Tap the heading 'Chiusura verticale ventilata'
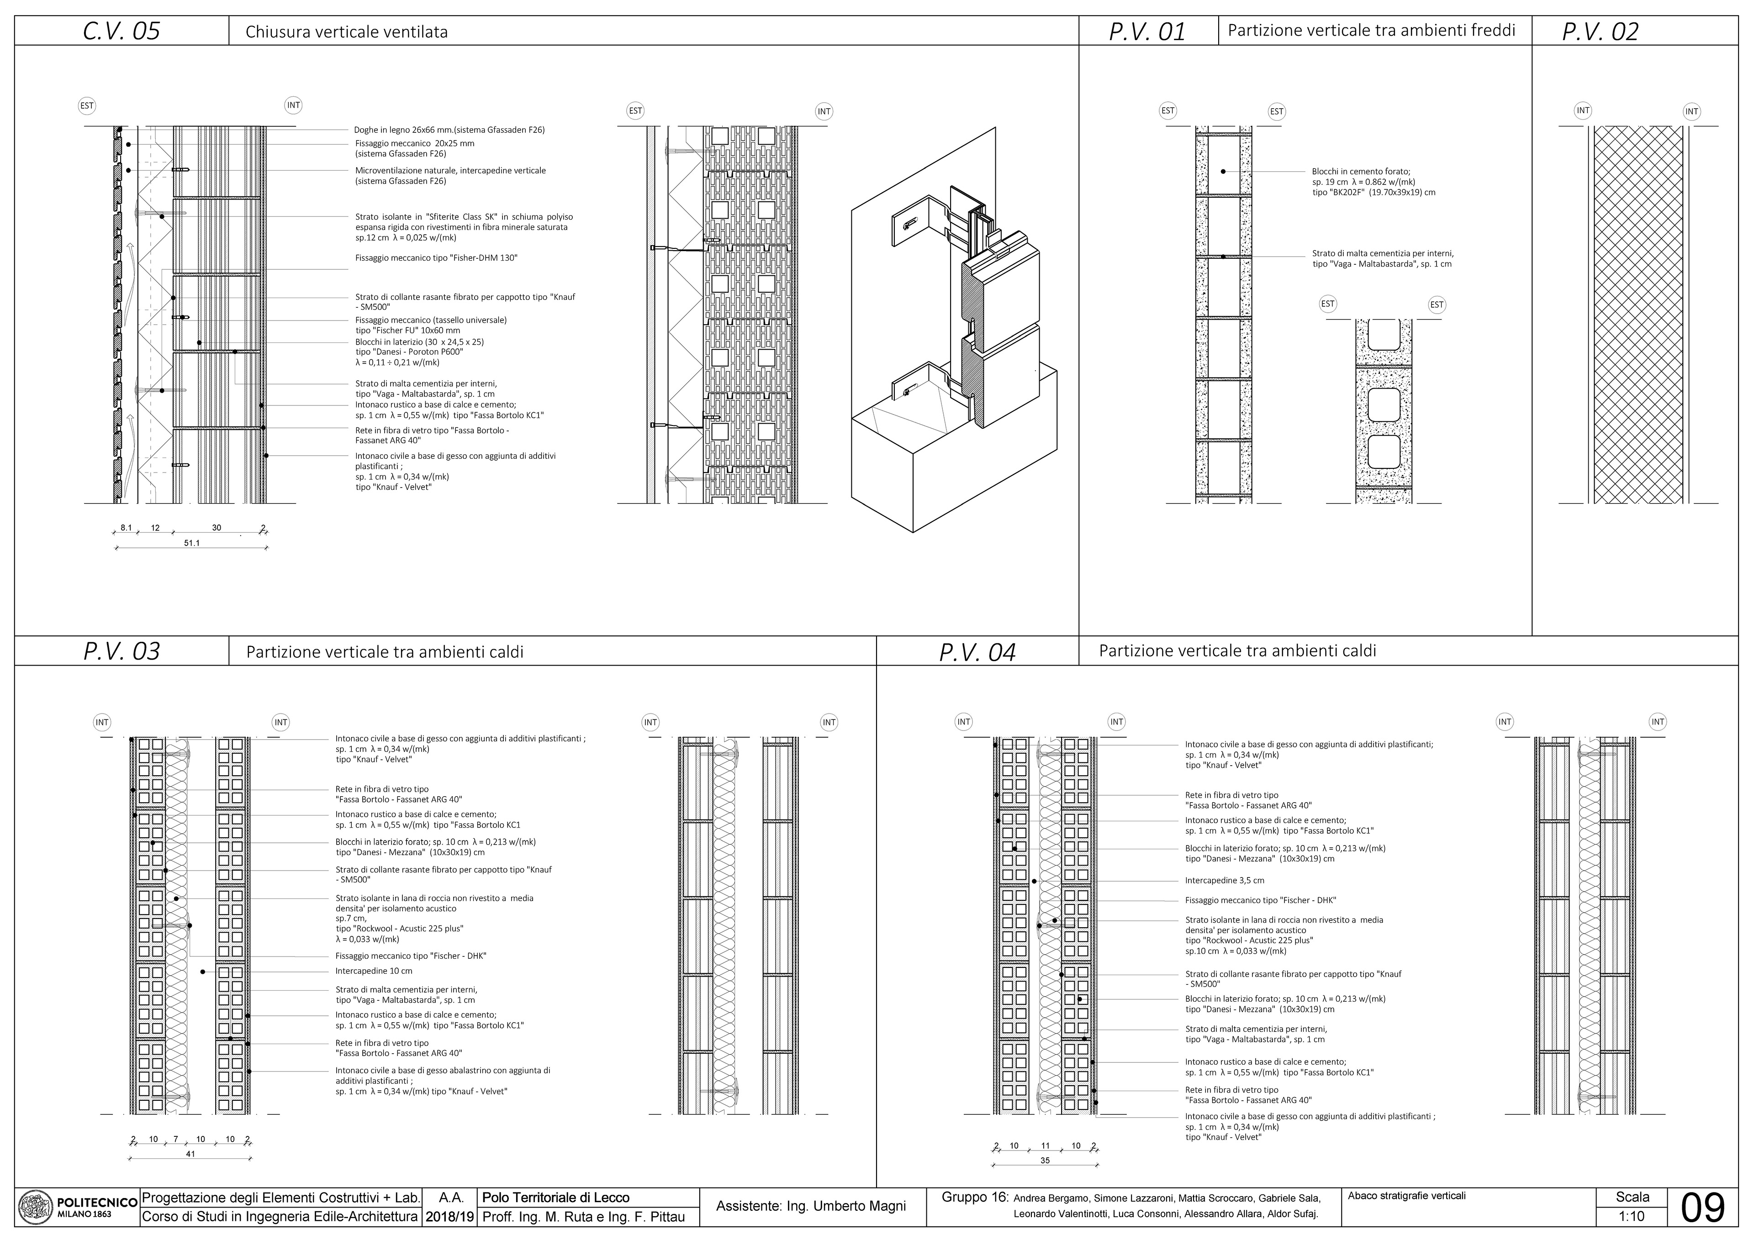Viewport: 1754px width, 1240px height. click(x=346, y=32)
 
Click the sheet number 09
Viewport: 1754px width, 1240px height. click(x=1703, y=1208)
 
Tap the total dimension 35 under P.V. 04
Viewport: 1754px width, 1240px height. click(x=1045, y=1161)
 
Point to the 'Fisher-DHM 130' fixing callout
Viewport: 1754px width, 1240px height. click(x=436, y=258)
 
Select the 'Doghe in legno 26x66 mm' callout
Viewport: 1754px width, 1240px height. click(x=449, y=130)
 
